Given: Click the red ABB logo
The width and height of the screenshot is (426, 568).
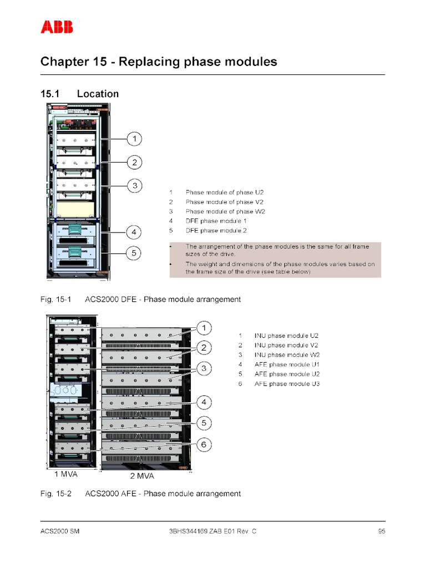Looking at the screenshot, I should [57, 27].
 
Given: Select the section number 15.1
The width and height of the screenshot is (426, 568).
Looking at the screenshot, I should [49, 94].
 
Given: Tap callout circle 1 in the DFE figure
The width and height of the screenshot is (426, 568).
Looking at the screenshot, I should [134, 138].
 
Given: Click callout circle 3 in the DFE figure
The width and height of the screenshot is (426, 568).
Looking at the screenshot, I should [134, 185].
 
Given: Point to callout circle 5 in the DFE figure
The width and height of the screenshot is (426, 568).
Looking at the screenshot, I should [134, 253].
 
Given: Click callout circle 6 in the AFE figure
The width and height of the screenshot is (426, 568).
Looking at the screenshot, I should [204, 444].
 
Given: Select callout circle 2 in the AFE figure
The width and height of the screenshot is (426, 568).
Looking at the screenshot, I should [204, 348].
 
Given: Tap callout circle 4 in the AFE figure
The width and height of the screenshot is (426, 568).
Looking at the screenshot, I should [204, 402].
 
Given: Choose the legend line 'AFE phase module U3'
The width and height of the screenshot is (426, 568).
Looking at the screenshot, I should [287, 384].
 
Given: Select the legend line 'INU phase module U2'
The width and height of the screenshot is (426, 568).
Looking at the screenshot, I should [287, 336].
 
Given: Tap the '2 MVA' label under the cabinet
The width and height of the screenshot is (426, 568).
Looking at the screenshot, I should [141, 476].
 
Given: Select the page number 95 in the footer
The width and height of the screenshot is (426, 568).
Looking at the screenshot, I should [381, 531].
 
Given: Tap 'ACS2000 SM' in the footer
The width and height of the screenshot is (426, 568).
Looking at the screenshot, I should [60, 531].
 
